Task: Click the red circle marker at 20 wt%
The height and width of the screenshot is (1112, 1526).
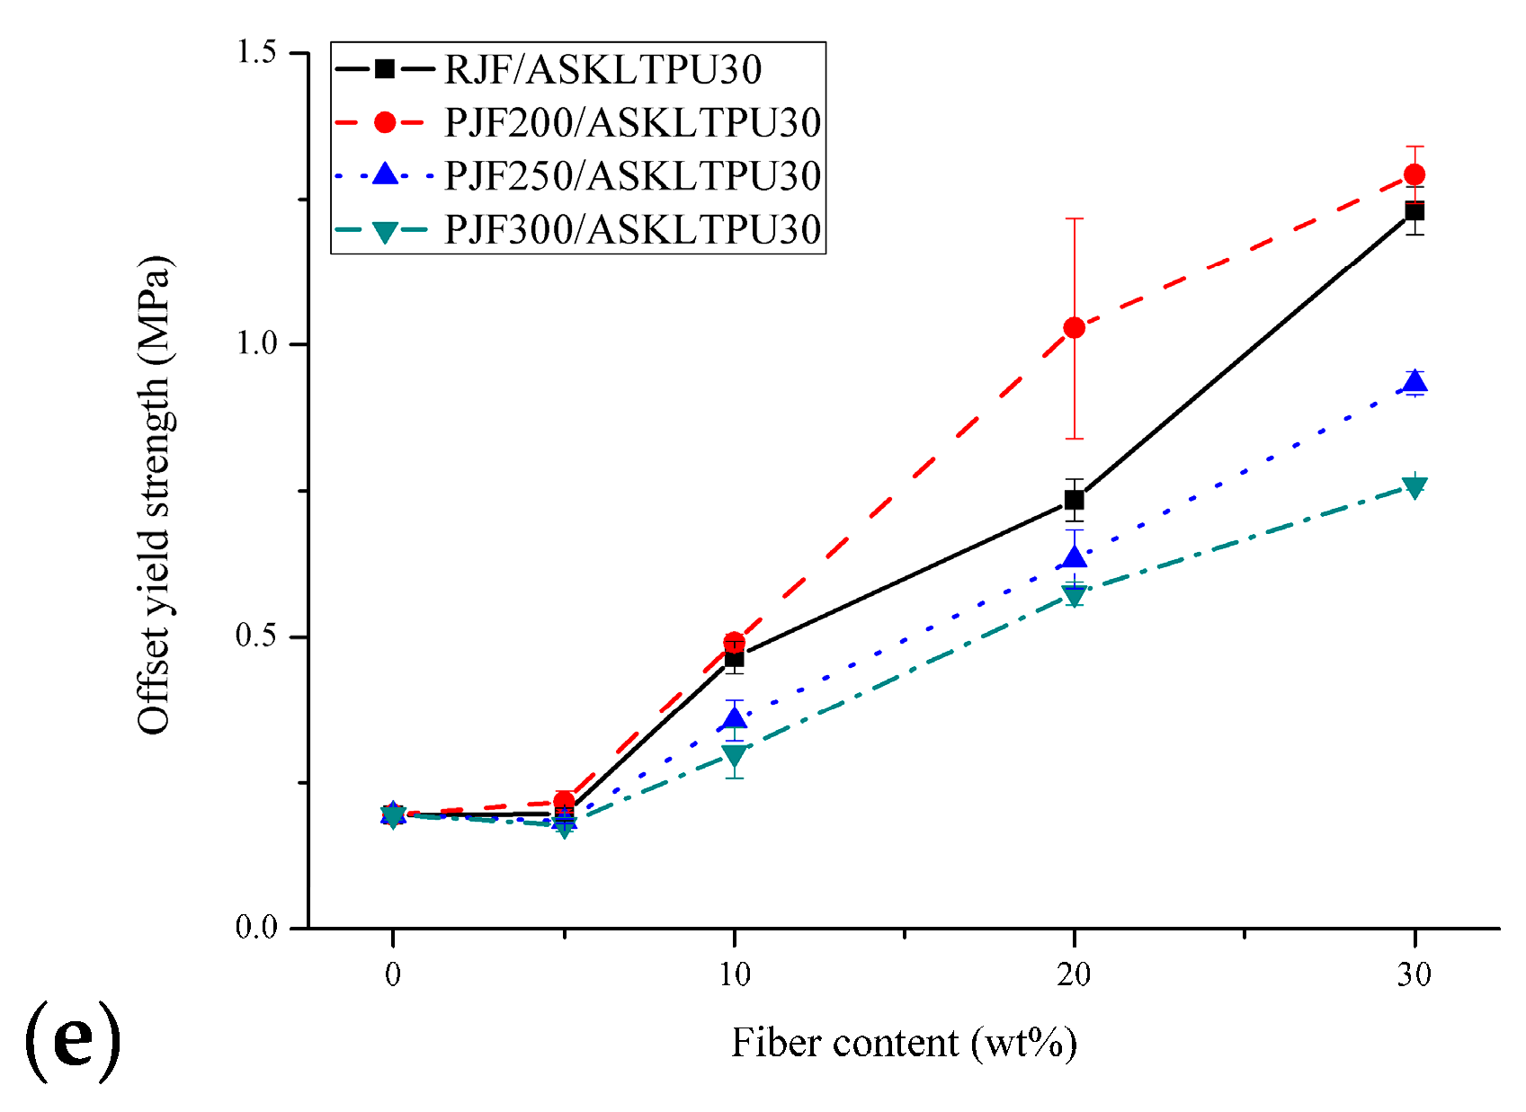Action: point(1074,328)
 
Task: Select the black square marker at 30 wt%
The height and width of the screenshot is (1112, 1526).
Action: point(1414,211)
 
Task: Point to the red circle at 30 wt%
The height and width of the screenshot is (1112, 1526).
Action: point(1414,174)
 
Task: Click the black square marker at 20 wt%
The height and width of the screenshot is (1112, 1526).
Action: point(1074,500)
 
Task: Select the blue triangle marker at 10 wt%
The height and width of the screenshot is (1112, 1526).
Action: point(735,718)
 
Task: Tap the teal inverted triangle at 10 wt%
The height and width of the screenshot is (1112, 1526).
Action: point(735,755)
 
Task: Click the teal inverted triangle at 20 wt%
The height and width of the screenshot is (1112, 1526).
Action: point(1074,594)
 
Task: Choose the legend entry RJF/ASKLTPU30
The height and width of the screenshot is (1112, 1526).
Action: point(602,70)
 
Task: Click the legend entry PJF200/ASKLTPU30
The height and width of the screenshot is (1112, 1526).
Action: point(632,123)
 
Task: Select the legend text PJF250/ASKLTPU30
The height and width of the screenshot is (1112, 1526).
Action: point(632,176)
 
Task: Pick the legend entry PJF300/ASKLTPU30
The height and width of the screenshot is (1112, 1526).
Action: point(632,230)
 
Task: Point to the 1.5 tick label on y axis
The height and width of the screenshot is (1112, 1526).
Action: point(255,52)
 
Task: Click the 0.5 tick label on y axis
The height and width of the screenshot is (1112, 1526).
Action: point(255,636)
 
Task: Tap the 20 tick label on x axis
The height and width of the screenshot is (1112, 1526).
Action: point(1074,974)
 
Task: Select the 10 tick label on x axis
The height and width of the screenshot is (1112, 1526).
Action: point(735,974)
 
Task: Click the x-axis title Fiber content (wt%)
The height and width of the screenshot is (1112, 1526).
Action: point(904,1044)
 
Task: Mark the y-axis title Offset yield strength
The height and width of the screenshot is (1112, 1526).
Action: point(155,494)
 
